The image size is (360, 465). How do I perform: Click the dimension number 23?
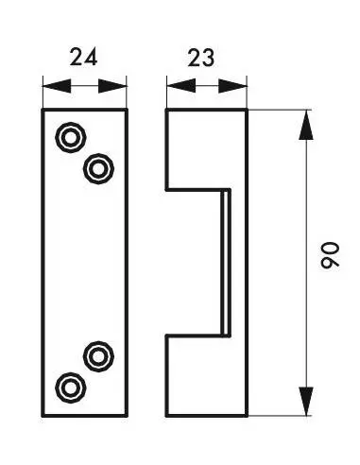tap(199, 57)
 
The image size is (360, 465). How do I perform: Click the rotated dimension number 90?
tap(328, 257)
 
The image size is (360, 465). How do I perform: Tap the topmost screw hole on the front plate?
tap(69, 138)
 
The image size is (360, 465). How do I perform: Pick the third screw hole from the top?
tap(97, 356)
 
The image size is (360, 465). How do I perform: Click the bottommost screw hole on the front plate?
tap(69, 387)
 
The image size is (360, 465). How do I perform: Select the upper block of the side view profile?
tap(206, 149)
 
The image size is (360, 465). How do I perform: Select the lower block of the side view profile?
tap(206, 374)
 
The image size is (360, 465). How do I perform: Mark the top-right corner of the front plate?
tap(126, 111)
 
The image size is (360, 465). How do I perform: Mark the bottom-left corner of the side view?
tap(167, 415)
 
